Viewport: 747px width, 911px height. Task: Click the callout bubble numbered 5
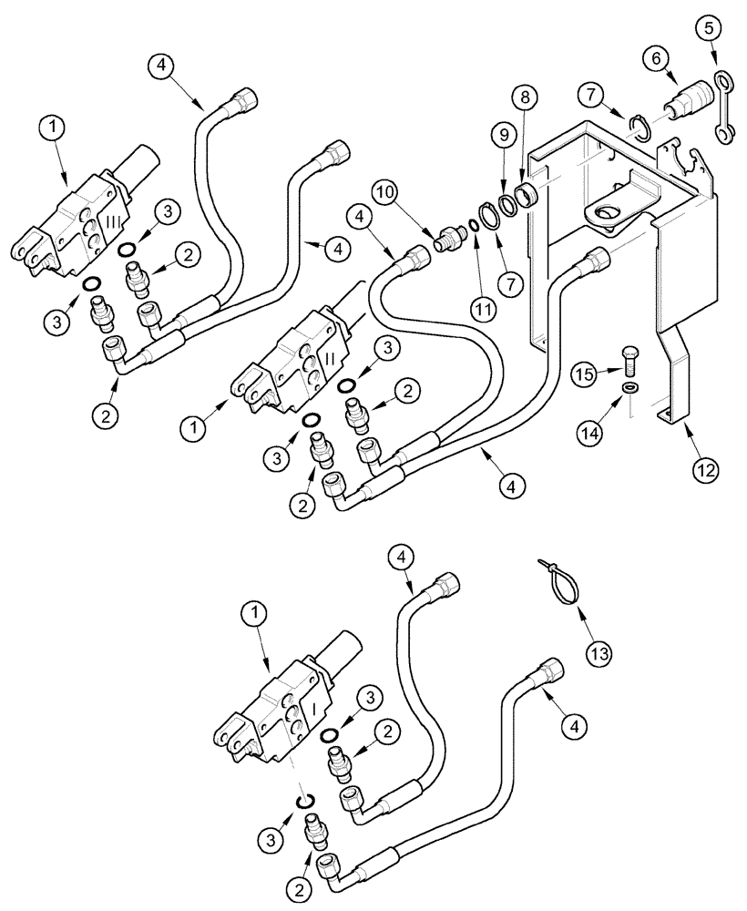coord(715,27)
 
